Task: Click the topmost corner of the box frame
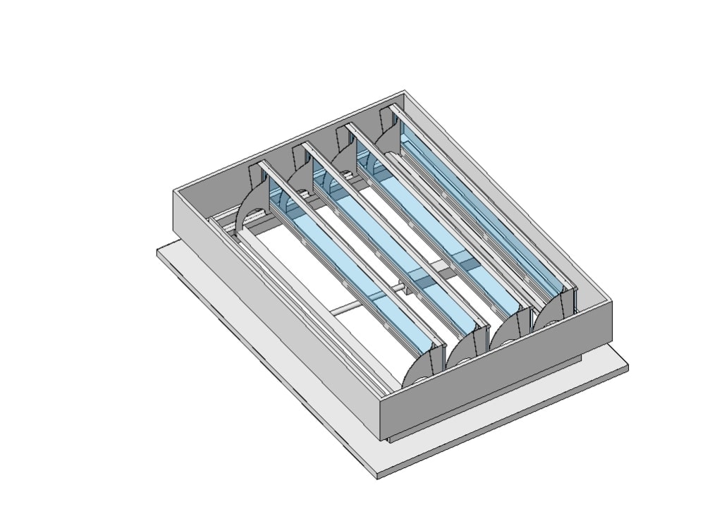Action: (405, 91)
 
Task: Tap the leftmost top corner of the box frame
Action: (174, 191)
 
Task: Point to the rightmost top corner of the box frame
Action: (611, 301)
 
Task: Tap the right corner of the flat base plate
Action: (627, 367)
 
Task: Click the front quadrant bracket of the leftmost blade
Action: (424, 368)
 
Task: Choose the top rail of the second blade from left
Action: (395, 233)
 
